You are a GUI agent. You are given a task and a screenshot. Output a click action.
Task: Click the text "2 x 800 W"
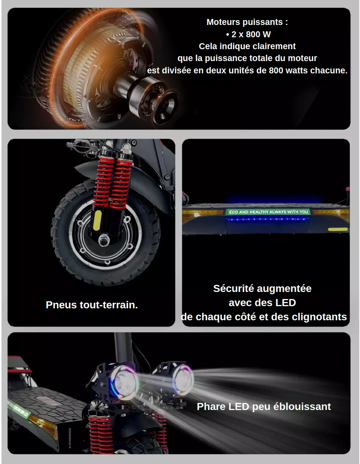pyautogui.click(x=251, y=34)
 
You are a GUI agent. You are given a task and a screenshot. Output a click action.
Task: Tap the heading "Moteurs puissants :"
pyautogui.click(x=247, y=22)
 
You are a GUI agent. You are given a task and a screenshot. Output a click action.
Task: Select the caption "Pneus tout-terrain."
pyautogui.click(x=92, y=305)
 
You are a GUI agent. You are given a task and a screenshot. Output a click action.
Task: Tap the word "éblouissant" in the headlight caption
pyautogui.click(x=302, y=406)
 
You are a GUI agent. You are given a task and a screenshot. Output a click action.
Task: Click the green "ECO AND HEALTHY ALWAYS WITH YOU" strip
pyautogui.click(x=268, y=212)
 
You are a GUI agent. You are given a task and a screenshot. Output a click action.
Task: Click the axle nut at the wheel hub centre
pyautogui.click(x=104, y=240)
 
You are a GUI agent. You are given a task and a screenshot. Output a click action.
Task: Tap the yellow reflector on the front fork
pyautogui.click(x=97, y=220)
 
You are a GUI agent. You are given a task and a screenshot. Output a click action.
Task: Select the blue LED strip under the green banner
pyautogui.click(x=267, y=219)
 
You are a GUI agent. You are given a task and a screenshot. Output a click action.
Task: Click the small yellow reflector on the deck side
pyautogui.click(x=338, y=229)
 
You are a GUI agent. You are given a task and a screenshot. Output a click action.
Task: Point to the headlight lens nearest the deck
pyautogui.click(x=124, y=382)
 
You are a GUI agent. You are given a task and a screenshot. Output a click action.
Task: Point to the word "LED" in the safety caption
pyautogui.click(x=285, y=303)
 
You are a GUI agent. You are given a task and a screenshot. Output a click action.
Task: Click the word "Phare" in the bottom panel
pyautogui.click(x=211, y=406)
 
